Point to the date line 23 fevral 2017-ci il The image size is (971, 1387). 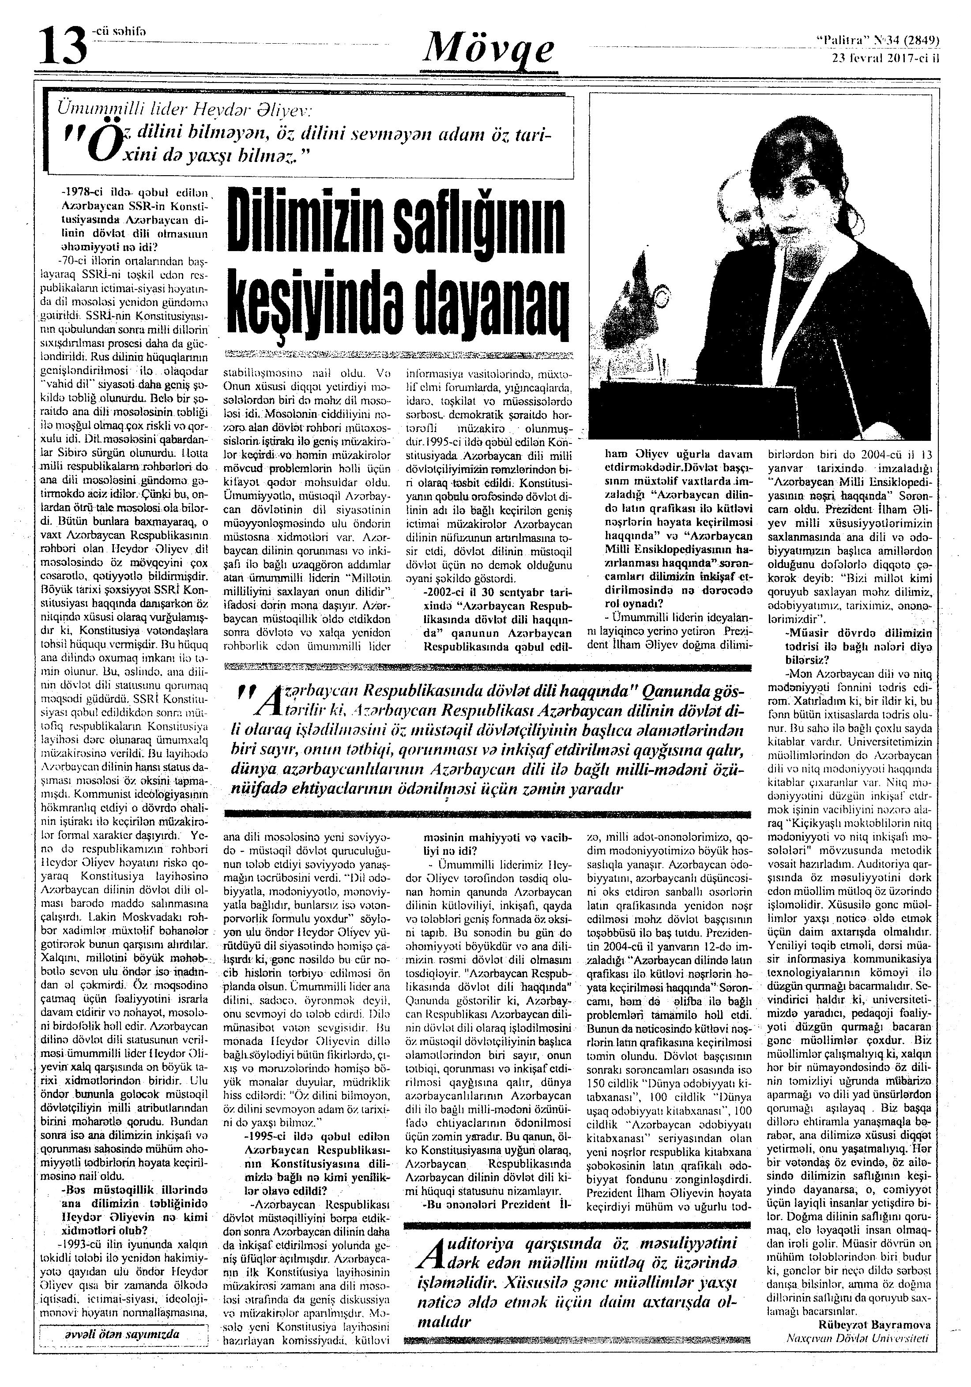[886, 59]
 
